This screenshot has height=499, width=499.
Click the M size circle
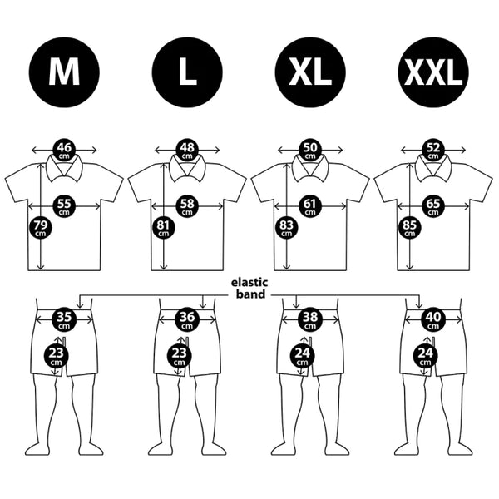pos(64,72)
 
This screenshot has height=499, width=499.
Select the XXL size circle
pos(433,72)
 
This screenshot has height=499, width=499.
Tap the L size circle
pos(187,72)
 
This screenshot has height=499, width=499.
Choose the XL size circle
pos(310,72)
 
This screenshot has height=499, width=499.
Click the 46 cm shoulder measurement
pos(64,150)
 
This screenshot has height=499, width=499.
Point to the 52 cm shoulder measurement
pos(433,150)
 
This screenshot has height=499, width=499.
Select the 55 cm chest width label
pos(64,206)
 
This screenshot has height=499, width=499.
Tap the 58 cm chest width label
pos(187,206)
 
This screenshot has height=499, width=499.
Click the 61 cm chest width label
pos(310,206)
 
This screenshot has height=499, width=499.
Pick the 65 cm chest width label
pos(433,206)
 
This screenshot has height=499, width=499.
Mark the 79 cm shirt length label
pos(41,228)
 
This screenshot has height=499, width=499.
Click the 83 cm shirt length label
pos(286,228)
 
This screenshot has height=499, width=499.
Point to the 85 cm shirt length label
pos(409,228)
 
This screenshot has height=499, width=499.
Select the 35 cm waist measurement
pos(64,319)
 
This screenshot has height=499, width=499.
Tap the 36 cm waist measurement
pos(187,319)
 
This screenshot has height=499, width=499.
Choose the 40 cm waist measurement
pos(433,319)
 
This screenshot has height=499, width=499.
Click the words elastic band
pos(249,289)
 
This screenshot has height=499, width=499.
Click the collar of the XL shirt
pos(310,169)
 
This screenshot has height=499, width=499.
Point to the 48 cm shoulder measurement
pos(187,150)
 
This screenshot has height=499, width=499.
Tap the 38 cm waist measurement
pos(310,319)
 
